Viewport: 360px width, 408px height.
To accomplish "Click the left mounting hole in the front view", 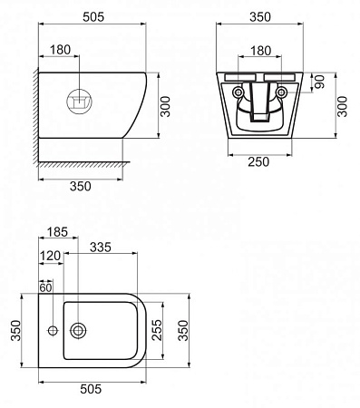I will tap(237, 92).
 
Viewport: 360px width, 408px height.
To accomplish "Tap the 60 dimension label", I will tap(46, 287).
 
